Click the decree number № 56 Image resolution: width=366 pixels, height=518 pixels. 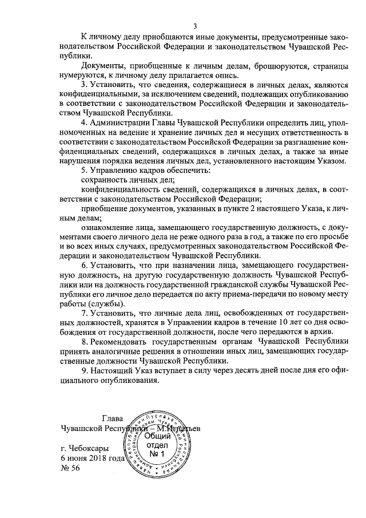(70, 468)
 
